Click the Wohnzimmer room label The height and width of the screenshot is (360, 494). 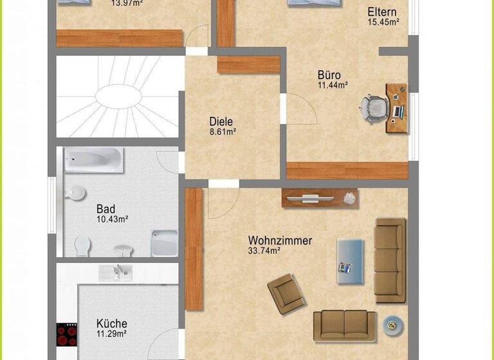280,240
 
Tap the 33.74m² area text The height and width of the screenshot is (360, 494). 264,251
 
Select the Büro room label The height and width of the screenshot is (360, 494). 329,75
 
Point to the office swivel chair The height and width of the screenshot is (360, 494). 372,107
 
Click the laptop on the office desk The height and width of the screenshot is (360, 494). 398,111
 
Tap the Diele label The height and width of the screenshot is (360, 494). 221,121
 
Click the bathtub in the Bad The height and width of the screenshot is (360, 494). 94,159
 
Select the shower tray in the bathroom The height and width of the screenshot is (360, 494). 164,243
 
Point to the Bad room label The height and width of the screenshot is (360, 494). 105,209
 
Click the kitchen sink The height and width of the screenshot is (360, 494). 115,272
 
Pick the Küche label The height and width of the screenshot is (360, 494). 111,323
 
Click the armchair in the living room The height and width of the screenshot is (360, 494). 287,293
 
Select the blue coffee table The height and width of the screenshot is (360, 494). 350,260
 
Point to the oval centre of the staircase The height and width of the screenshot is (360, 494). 118,97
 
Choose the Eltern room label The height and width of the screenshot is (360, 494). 382,12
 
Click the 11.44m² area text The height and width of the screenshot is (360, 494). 333,85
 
